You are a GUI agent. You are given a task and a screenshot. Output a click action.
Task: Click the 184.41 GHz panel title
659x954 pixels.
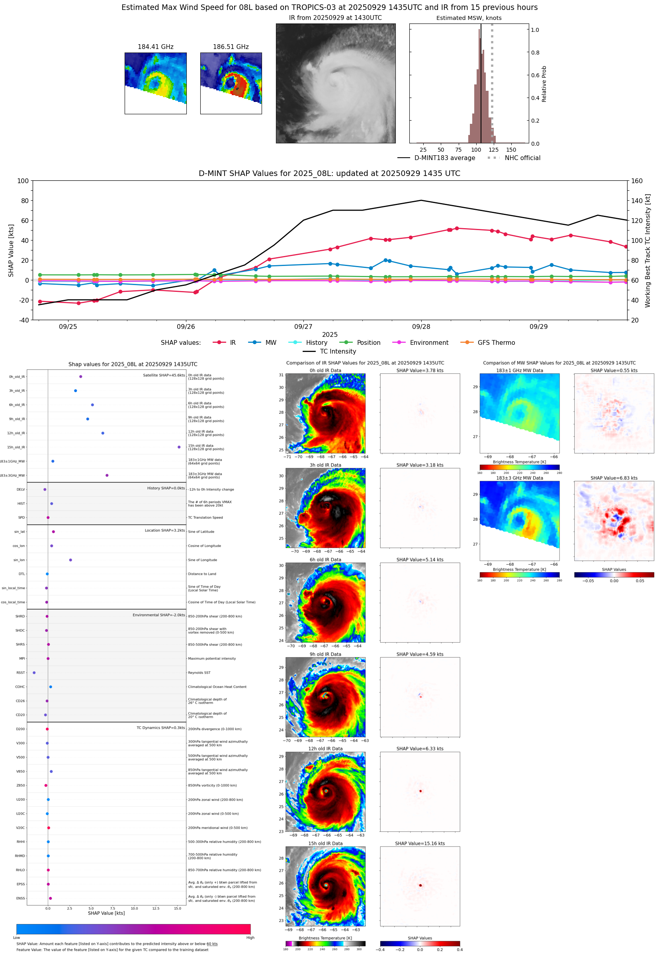tap(155, 47)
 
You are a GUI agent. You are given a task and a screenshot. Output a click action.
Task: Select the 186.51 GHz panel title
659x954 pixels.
tap(231, 47)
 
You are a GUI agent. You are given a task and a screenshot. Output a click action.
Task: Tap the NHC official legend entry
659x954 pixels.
tap(522, 158)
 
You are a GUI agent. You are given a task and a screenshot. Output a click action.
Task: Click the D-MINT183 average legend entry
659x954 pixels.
tap(444, 158)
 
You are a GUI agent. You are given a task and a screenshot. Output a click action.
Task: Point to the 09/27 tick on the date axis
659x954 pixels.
tap(303, 326)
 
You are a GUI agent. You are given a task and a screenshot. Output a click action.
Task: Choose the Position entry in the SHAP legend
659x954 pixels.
tap(368, 343)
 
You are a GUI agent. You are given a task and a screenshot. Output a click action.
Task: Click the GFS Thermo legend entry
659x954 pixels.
tap(496, 343)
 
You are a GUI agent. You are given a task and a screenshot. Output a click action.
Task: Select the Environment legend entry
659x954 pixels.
tap(428, 343)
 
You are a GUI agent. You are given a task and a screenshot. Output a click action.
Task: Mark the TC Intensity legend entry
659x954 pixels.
tap(337, 351)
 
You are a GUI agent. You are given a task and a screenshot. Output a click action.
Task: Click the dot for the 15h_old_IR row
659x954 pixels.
tap(179, 447)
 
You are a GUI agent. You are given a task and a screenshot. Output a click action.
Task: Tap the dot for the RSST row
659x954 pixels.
tap(34, 672)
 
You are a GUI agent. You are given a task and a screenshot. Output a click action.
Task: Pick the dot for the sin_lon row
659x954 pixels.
tap(70, 560)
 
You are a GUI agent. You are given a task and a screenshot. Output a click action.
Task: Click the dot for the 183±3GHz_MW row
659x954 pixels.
tap(107, 475)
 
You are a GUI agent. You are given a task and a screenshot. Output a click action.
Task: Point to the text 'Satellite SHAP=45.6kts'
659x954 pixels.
tap(164, 375)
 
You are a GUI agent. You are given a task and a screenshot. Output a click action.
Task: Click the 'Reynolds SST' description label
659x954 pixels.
tap(199, 672)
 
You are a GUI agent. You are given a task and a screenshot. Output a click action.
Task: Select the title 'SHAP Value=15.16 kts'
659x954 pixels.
tap(420, 843)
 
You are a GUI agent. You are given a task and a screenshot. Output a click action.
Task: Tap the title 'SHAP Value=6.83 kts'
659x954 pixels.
tap(614, 478)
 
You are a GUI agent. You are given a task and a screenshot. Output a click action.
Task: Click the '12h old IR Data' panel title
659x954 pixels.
tap(325, 749)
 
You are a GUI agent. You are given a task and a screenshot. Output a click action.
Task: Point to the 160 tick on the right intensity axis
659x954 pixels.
tap(637, 181)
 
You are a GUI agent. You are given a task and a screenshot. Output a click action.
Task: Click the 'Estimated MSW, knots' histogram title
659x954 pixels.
tap(469, 18)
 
